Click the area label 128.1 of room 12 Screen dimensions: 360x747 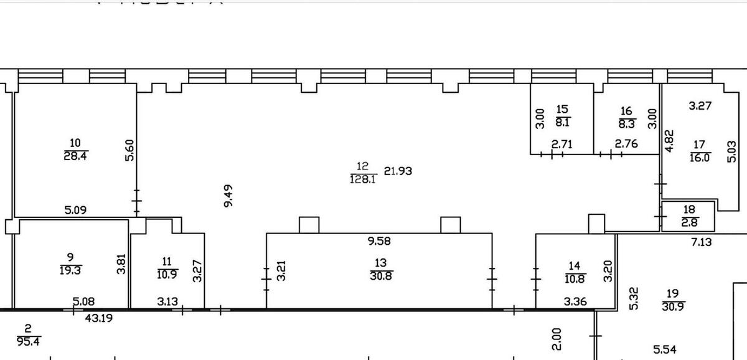point(364,179)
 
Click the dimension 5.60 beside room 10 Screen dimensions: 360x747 point(130,150)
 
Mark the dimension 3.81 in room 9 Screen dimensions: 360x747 point(122,263)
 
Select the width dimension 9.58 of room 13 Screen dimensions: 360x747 point(378,241)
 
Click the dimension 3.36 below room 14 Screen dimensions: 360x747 point(576,302)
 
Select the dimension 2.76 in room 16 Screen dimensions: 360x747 point(627,144)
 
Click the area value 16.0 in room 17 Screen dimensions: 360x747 point(699,158)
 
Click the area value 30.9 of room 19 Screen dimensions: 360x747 point(672,305)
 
